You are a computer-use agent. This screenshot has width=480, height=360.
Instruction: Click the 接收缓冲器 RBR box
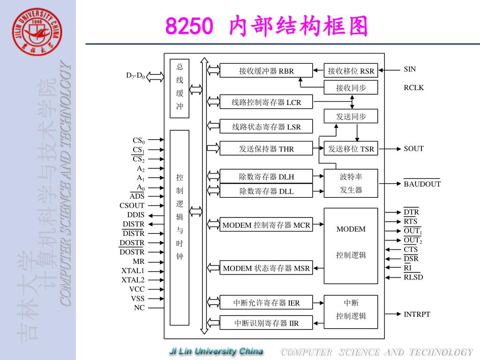click(266, 71)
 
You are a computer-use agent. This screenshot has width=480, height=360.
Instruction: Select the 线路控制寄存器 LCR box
click(266, 102)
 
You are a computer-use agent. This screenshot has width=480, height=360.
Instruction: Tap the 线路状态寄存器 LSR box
click(266, 127)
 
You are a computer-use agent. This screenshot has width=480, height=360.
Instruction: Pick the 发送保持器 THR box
click(266, 149)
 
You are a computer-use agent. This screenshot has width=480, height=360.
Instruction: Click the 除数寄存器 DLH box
click(266, 176)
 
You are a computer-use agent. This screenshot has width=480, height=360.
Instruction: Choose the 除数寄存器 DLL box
click(266, 190)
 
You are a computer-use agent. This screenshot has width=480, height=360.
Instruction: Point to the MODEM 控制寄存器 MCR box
click(266, 225)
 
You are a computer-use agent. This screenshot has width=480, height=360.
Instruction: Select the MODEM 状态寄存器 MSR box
click(266, 268)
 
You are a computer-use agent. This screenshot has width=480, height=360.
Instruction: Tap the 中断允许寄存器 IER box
click(266, 303)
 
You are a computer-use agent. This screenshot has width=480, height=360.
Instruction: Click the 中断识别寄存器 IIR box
click(266, 323)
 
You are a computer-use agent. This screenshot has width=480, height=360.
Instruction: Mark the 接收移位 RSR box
click(351, 71)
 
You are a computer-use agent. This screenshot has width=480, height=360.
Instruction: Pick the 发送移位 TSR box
click(351, 149)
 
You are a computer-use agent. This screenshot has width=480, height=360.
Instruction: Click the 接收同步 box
click(351, 88)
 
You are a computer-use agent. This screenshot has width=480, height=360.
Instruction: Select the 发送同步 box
click(351, 116)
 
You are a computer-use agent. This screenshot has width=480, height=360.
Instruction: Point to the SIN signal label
click(410, 69)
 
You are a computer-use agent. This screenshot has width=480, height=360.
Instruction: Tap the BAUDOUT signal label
click(422, 184)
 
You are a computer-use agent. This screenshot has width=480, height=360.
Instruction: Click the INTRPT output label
click(417, 314)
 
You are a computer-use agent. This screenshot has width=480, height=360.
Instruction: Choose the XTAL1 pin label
click(133, 271)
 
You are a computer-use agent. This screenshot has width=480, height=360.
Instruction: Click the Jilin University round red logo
click(37, 32)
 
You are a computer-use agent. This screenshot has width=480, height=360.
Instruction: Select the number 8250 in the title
click(189, 26)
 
